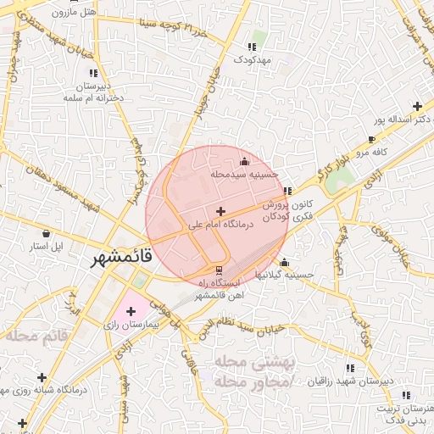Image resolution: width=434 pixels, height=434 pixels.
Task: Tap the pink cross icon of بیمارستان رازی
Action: pyautogui.click(x=131, y=312)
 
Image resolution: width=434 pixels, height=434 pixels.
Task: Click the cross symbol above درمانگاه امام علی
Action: pyautogui.click(x=221, y=211)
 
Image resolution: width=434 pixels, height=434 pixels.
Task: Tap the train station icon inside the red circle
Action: pyautogui.click(x=220, y=270)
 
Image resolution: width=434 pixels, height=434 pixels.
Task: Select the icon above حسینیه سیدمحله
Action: pyautogui.click(x=245, y=160)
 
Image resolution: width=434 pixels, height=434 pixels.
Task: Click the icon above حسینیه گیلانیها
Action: pyautogui.click(x=284, y=262)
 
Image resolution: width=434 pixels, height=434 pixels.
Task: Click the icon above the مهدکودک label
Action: pyautogui.click(x=251, y=47)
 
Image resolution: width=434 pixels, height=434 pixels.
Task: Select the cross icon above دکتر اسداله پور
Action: pyautogui.click(x=416, y=107)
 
